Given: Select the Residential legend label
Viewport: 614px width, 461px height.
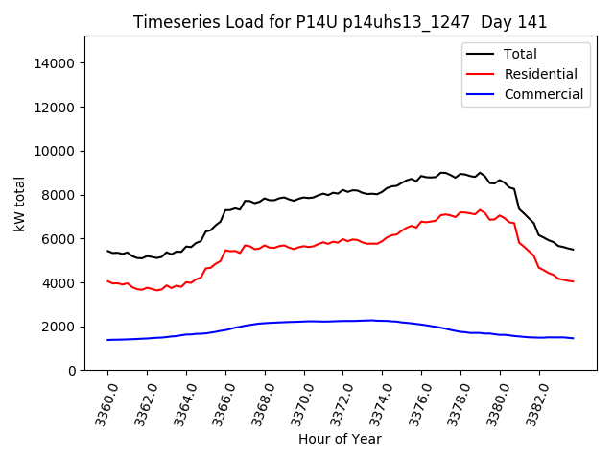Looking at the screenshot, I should (x=540, y=74).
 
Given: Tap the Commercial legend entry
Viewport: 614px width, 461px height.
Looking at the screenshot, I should (x=543, y=94).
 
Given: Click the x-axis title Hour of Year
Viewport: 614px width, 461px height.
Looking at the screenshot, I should (x=340, y=439).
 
